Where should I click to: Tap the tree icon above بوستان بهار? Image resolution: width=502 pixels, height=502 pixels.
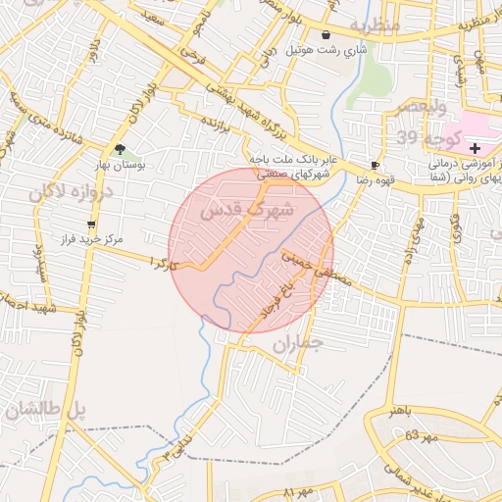121,149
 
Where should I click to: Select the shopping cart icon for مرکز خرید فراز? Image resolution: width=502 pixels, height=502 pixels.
91,225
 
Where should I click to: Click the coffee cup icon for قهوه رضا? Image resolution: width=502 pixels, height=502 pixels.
375,165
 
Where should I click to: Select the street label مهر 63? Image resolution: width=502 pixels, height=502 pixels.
405,434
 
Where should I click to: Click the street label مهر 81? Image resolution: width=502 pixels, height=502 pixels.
297,490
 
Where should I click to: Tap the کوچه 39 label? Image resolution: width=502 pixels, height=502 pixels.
419,134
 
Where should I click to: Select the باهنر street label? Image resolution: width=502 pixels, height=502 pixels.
403,410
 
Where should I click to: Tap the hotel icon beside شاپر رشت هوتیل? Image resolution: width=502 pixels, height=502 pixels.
326,34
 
